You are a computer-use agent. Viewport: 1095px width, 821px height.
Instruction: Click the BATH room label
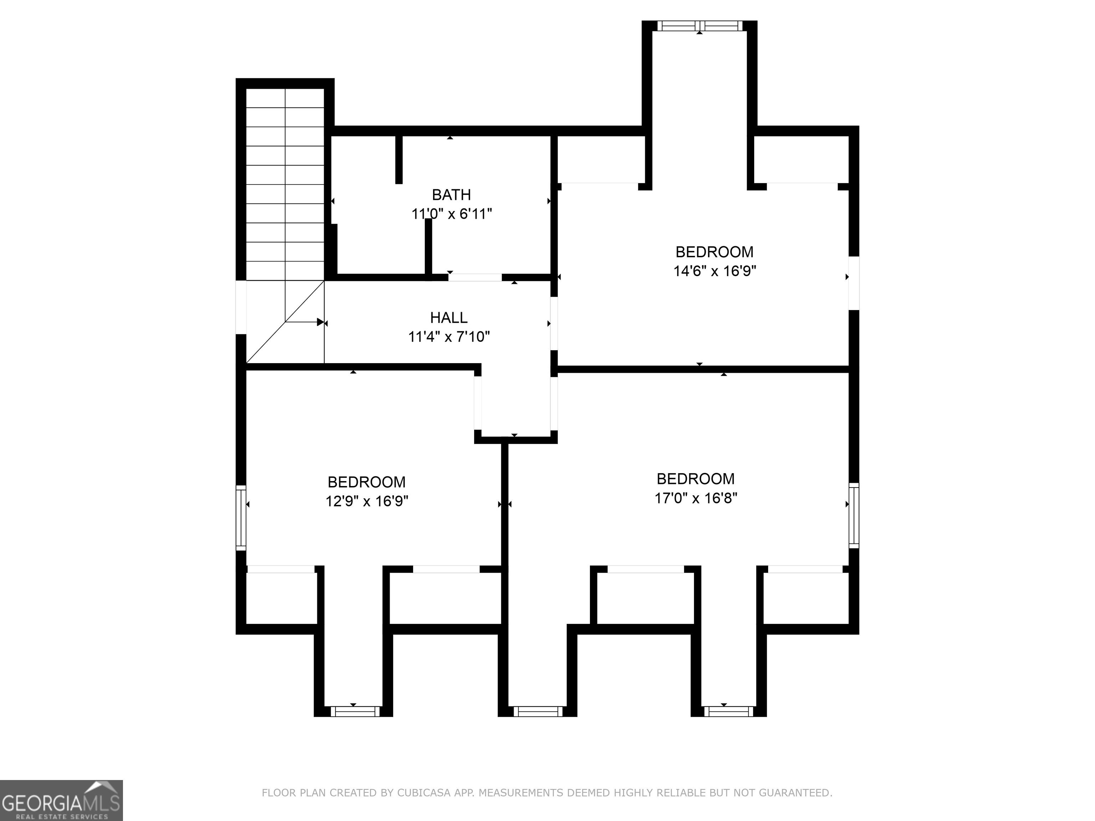[451, 195]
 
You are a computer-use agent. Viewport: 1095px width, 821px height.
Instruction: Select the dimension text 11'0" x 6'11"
[452, 214]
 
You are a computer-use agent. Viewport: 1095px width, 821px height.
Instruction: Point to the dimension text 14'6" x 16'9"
[714, 271]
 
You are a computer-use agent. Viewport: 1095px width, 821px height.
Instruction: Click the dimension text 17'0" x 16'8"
[695, 498]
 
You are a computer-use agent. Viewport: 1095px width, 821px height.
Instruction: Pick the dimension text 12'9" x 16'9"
[366, 501]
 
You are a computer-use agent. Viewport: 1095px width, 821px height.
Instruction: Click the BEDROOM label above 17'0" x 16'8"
[695, 479]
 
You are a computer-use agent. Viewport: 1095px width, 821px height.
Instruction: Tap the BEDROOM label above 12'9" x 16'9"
[366, 482]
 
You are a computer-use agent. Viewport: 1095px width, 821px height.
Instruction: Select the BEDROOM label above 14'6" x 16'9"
[714, 252]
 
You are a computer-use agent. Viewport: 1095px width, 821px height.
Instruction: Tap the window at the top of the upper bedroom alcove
[699, 26]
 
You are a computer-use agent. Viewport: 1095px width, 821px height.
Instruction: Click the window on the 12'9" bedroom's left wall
[241, 518]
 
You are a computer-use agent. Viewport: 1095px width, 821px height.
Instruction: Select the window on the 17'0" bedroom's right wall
[854, 516]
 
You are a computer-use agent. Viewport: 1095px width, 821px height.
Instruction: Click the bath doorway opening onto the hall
[475, 278]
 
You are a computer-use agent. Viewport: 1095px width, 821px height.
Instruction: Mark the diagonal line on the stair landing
[285, 322]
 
